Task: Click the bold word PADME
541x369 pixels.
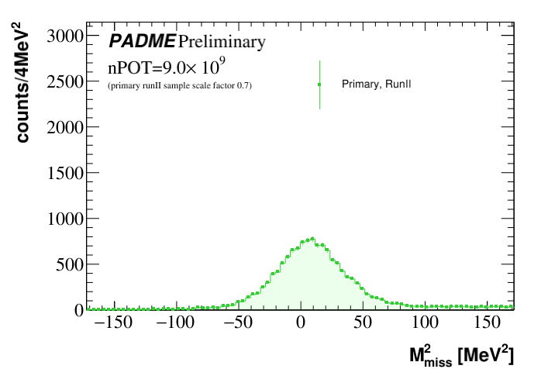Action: (x=142, y=41)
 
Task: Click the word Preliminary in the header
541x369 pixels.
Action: (x=222, y=42)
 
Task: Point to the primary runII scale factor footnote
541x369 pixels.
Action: (x=179, y=84)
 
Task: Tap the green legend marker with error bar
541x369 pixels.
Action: (x=319, y=84)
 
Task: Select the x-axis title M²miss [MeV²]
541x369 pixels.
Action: (x=461, y=356)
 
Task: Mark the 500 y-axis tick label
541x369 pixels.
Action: (x=69, y=264)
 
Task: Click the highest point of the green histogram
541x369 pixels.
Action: (x=312, y=239)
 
